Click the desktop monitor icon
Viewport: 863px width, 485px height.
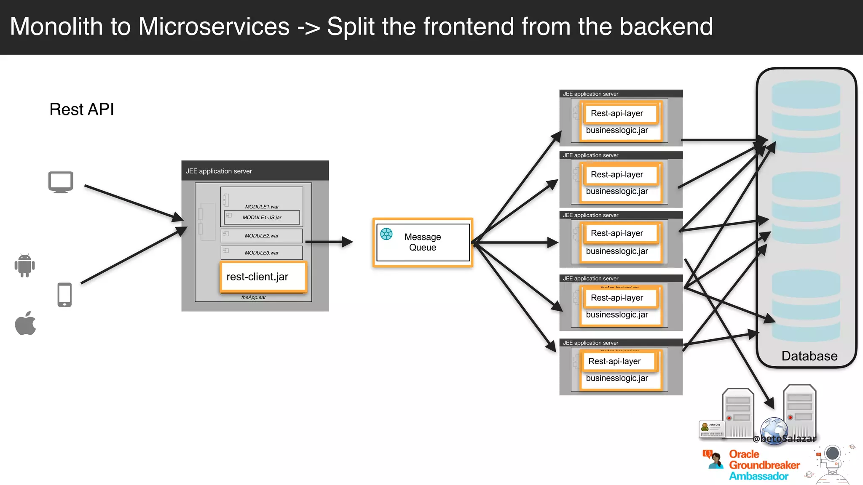[61, 182]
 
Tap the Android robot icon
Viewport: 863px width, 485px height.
[24, 265]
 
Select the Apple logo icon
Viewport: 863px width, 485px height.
[25, 323]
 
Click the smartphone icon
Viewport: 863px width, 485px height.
[64, 295]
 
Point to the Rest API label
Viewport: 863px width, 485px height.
[82, 109]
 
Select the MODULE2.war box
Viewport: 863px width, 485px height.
[262, 236]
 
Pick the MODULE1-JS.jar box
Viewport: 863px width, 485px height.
[262, 218]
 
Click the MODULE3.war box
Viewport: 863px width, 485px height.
[262, 253]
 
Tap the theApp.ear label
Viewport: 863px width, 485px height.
[253, 298]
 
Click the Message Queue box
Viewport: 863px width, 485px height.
[423, 242]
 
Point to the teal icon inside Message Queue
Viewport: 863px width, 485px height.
[386, 234]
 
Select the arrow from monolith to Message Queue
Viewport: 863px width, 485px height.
[329, 242]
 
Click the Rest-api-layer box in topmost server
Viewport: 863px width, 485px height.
[617, 113]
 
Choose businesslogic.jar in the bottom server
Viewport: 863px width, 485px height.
[617, 378]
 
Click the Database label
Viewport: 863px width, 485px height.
[809, 356]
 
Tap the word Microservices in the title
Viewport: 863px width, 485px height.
[214, 27]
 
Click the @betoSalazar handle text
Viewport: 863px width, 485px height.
[785, 439]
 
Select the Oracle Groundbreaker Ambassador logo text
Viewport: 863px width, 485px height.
[764, 465]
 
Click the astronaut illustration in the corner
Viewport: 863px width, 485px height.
[832, 463]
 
